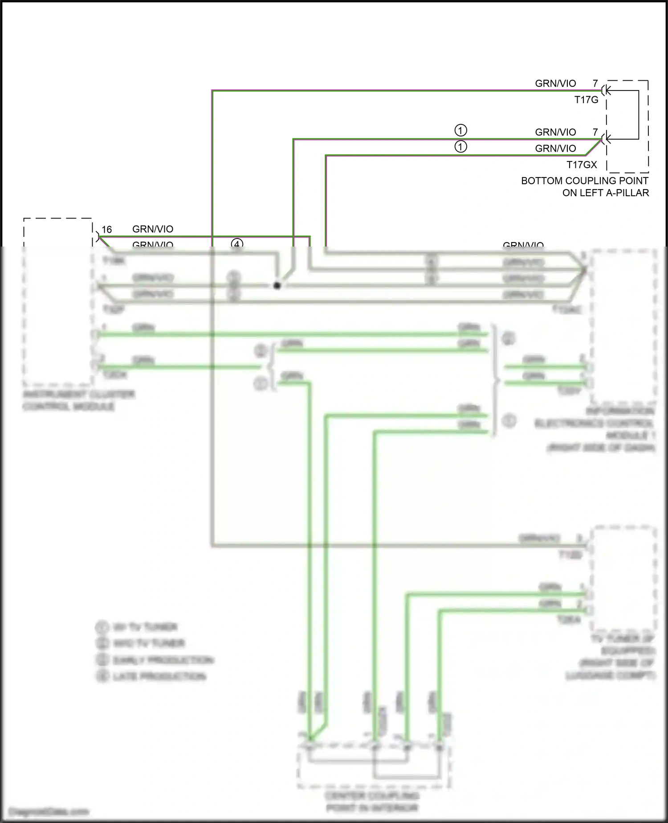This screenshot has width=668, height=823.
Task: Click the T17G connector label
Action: (x=586, y=100)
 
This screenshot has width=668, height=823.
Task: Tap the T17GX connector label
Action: (x=582, y=165)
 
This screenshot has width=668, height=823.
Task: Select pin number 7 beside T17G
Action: (x=595, y=83)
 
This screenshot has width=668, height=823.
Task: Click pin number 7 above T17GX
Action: (x=595, y=132)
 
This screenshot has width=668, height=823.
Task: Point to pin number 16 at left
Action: (x=107, y=230)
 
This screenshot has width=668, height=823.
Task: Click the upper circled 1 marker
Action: (x=460, y=131)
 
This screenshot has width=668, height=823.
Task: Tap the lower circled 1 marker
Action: (x=460, y=147)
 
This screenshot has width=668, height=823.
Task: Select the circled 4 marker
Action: (x=237, y=244)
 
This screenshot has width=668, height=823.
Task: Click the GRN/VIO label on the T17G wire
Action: (x=555, y=83)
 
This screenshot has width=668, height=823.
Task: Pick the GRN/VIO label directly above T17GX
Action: (x=555, y=148)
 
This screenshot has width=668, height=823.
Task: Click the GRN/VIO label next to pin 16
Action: (x=153, y=229)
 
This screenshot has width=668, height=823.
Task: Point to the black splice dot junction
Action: (x=277, y=285)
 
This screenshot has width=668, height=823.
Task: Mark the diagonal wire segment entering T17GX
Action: (x=593, y=148)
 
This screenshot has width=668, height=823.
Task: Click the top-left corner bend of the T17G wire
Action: (x=212, y=91)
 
